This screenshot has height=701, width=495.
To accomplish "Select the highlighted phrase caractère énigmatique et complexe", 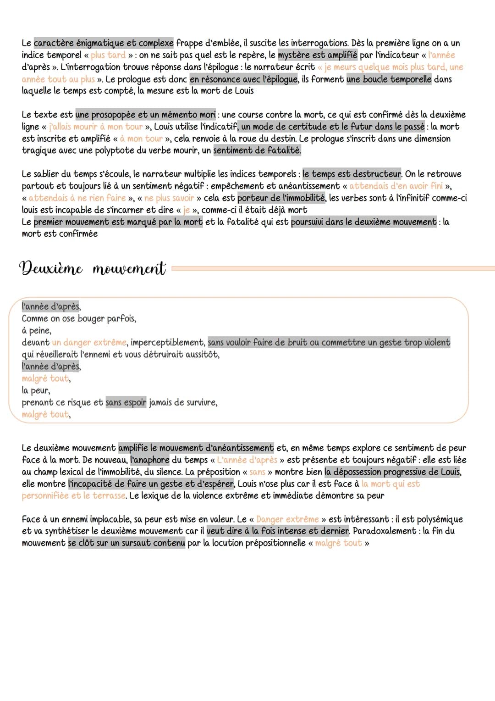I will pos(104,43).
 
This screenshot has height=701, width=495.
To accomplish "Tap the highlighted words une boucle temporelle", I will pos(389,79).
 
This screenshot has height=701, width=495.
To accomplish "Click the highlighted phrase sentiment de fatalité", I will pos(257,150).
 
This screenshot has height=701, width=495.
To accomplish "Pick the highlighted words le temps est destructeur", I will pos(352,174).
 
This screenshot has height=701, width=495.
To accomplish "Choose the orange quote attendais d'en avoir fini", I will pos(396,186).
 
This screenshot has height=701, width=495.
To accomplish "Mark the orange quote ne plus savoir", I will pos(169,198).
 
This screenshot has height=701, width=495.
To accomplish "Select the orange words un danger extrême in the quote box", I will pos(89,343).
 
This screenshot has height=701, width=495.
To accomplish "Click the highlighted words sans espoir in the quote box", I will pos(126,403).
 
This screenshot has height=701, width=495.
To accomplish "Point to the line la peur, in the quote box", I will pos(36,391).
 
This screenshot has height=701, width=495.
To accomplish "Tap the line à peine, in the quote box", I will pos(37,331).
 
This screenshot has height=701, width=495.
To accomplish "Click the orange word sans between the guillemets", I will pos(257,472).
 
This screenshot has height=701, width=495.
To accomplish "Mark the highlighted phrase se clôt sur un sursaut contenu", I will pos(127,543).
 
